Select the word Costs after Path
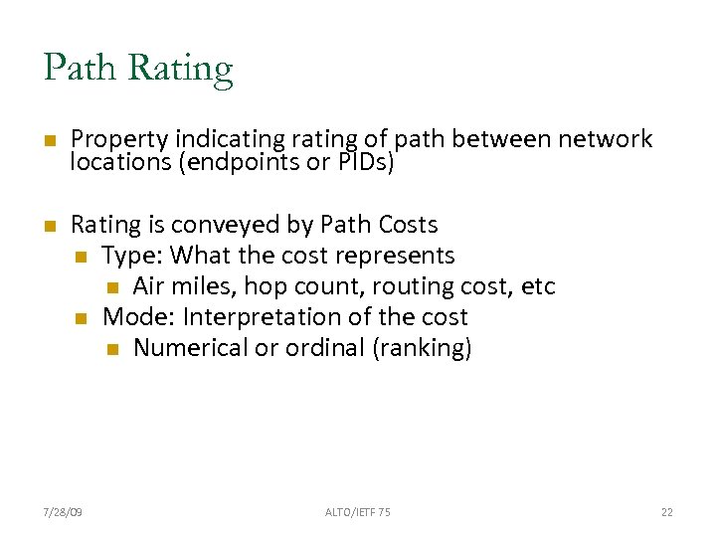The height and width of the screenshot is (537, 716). click(405, 225)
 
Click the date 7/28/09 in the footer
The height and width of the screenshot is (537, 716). click(64, 511)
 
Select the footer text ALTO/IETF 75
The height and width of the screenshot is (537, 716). click(358, 511)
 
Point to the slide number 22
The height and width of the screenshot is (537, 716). click(666, 511)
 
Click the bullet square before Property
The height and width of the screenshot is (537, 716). click(49, 140)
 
